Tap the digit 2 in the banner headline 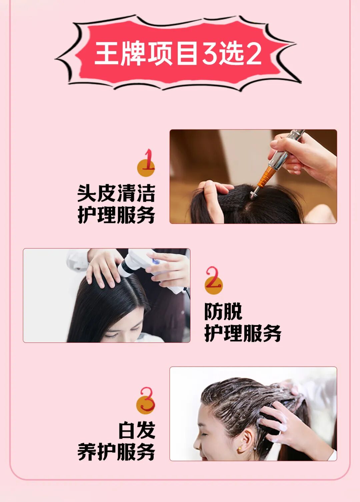[x=253, y=54]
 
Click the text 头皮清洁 [x=116, y=193]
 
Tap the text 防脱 [x=223, y=311]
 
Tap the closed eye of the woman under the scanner [x=112, y=336]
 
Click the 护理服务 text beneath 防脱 [x=243, y=333]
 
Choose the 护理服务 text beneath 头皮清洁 [x=116, y=215]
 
